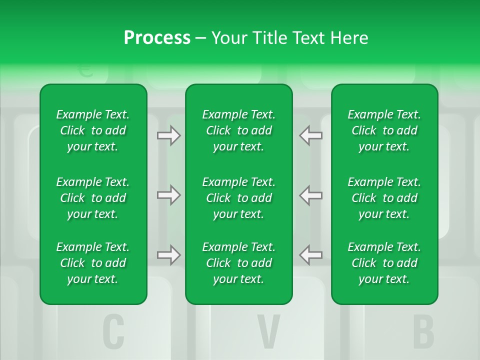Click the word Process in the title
click(x=157, y=38)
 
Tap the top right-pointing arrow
click(x=168, y=135)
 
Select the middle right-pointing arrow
click(x=168, y=195)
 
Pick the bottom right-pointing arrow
click(x=168, y=255)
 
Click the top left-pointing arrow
click(x=311, y=135)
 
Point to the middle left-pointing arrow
click(x=311, y=195)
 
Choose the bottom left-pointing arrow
click(x=311, y=255)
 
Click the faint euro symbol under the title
click(x=86, y=70)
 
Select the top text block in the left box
click(x=93, y=130)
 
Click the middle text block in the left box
click(x=93, y=198)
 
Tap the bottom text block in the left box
click(x=93, y=263)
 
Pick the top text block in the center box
click(x=238, y=130)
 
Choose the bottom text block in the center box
click(x=238, y=263)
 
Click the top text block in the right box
click(x=384, y=130)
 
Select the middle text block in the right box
click(x=384, y=198)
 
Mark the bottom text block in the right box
click(x=384, y=263)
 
